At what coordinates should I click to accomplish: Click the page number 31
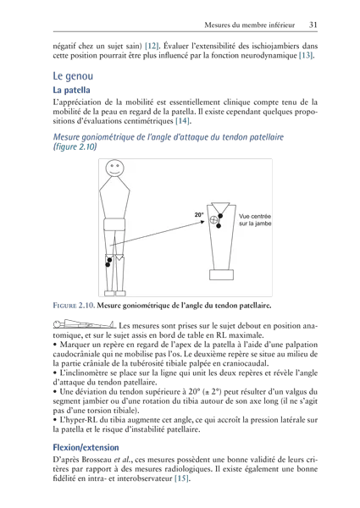(313, 25)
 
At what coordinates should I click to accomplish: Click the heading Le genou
(73, 76)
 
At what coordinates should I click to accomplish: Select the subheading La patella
(72, 90)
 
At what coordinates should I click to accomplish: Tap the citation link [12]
(152, 46)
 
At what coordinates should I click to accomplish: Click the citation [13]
(306, 55)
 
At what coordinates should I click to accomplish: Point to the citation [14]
(182, 121)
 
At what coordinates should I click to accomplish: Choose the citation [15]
(182, 478)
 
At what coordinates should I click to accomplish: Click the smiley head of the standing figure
(114, 168)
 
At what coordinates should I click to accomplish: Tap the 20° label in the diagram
(199, 214)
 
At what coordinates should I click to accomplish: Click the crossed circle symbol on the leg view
(213, 219)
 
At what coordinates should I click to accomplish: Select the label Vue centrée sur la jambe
(255, 219)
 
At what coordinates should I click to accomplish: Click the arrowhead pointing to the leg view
(202, 222)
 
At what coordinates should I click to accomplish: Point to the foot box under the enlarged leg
(221, 274)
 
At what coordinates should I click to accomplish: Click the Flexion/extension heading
(86, 448)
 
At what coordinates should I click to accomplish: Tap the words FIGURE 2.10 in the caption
(74, 306)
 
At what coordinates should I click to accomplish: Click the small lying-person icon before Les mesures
(84, 323)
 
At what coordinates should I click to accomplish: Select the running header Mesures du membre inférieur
(250, 25)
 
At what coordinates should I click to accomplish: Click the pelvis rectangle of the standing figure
(114, 224)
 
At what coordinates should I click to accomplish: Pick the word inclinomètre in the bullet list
(84, 373)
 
